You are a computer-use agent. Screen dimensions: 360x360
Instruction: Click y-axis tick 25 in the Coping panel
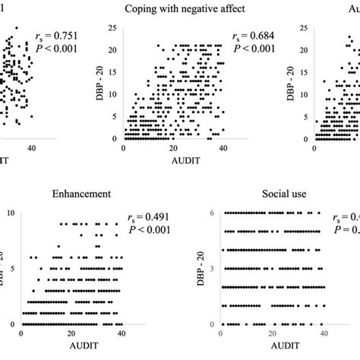[112, 28]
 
